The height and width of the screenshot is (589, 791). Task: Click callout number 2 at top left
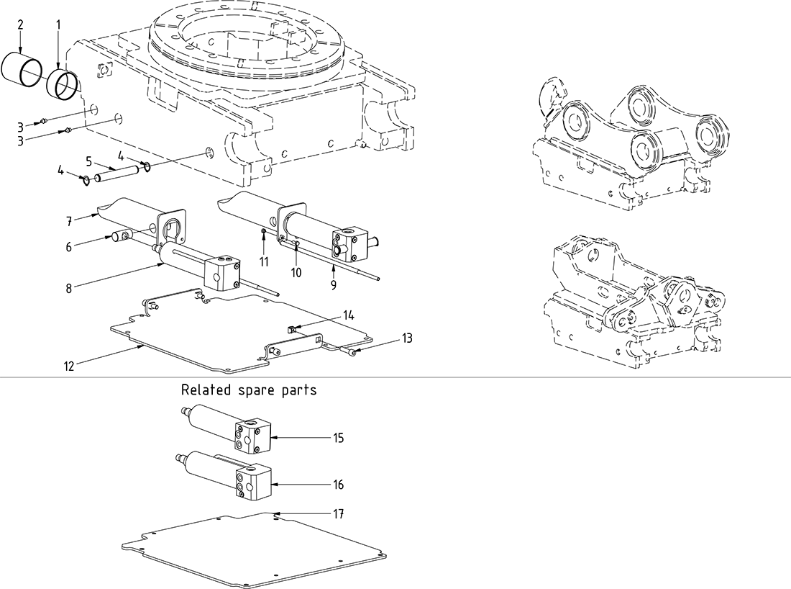tap(20, 24)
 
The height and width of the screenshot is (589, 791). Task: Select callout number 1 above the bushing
tap(58, 24)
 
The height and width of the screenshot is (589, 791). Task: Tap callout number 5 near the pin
tap(89, 161)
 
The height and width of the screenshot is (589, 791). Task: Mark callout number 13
tap(407, 338)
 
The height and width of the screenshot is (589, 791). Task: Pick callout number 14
tap(348, 315)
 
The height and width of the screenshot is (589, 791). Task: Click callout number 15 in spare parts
tap(339, 438)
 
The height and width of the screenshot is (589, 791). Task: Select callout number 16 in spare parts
tap(339, 485)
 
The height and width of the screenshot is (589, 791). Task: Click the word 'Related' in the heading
tap(204, 390)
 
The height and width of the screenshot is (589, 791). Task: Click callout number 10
tap(296, 272)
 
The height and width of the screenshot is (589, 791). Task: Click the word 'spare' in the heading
tap(257, 390)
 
